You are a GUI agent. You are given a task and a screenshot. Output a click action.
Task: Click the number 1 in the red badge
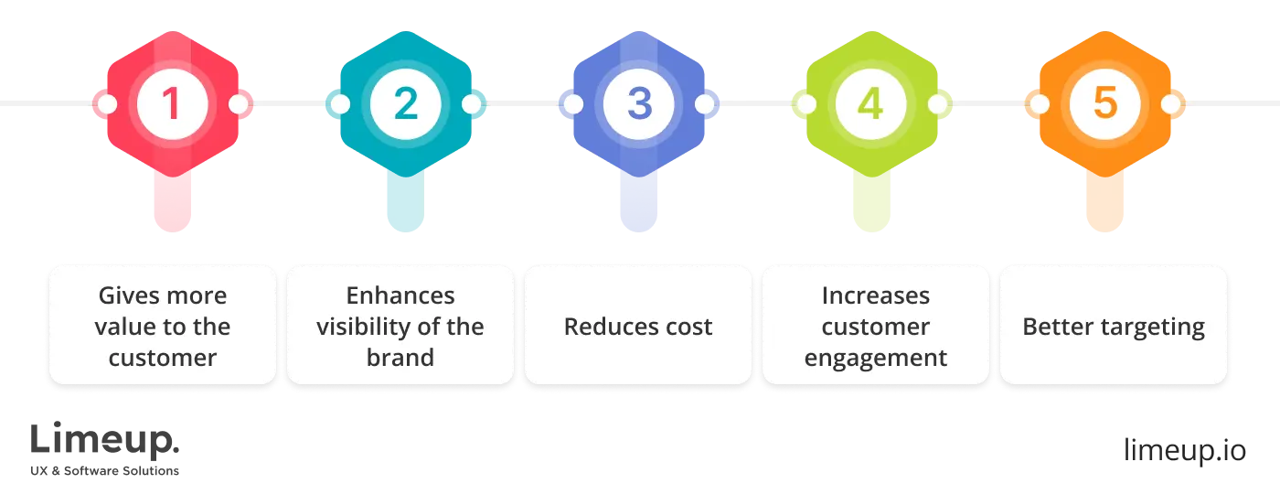click(172, 104)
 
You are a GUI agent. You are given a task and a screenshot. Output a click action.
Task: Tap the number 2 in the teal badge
click(405, 104)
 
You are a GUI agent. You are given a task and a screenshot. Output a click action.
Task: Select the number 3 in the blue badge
click(639, 104)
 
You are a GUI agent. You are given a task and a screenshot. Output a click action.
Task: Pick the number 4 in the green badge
click(871, 104)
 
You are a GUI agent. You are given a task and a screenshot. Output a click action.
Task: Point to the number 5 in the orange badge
click(1105, 104)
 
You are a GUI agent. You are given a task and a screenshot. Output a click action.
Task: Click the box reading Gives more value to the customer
click(163, 326)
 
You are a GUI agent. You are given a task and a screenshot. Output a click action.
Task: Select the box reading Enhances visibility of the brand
click(400, 326)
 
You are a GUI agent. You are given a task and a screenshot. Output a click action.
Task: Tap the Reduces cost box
click(638, 326)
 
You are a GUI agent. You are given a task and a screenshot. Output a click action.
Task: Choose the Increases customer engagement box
click(876, 326)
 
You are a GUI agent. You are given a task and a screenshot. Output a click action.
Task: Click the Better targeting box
click(1114, 326)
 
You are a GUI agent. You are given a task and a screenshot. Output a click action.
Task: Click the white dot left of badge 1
click(106, 104)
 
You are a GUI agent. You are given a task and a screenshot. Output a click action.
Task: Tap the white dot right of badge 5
click(1171, 104)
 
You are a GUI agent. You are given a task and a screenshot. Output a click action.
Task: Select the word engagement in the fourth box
click(876, 358)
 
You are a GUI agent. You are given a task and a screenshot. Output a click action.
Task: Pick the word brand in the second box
click(400, 358)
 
